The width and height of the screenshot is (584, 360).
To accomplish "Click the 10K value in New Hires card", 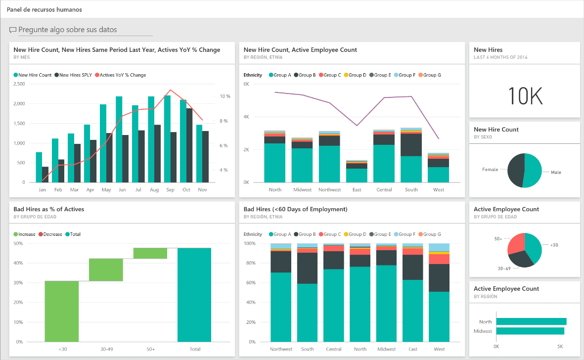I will pos(525,96).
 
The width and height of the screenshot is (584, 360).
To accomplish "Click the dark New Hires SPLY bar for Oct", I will pos(189,145).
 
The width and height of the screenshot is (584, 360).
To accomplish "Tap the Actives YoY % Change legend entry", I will pos(123,75).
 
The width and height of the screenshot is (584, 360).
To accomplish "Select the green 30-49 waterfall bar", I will pos(106,270).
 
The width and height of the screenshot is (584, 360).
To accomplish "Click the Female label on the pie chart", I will pos(490,170).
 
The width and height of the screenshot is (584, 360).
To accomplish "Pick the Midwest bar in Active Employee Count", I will pos(530,331).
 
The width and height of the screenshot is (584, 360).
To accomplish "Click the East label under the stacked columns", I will pos(357,190).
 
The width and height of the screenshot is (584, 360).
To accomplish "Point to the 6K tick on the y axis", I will pos(246,84).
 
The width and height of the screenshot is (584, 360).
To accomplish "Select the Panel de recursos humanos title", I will pos(45,9).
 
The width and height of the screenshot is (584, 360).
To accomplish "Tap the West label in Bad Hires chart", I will pos(439,349).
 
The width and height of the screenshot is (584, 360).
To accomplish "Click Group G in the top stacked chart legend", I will pos(430,75).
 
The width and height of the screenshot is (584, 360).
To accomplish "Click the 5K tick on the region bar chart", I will pos(560,346).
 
